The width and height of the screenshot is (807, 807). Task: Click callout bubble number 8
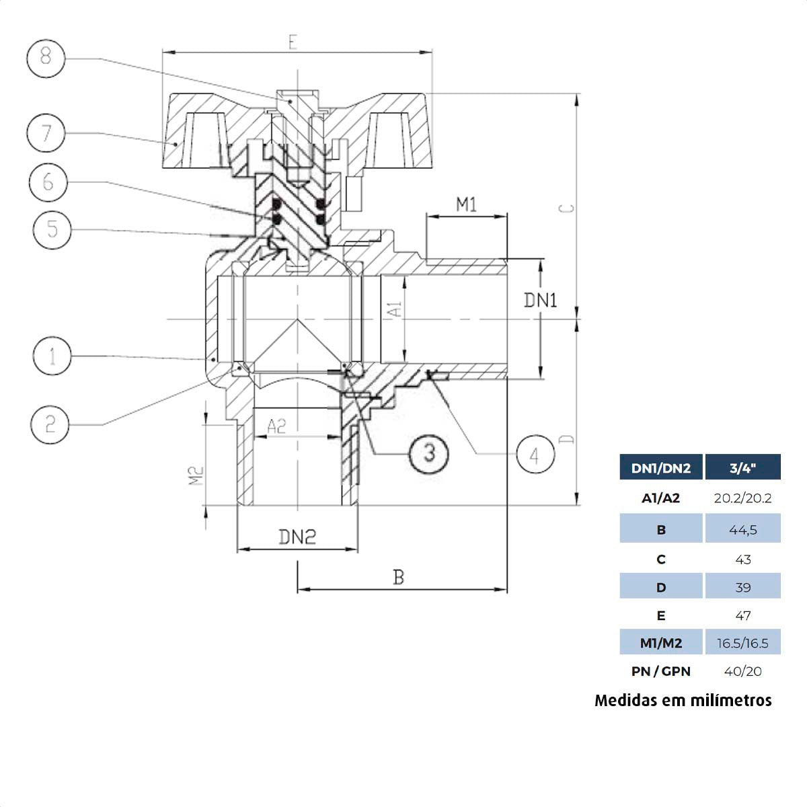(x=46, y=57)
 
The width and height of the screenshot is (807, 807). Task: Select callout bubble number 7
(x=46, y=132)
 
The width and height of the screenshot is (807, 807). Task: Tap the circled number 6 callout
(x=48, y=182)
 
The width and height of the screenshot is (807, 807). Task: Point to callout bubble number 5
(x=52, y=229)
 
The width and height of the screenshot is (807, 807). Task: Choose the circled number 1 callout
(x=52, y=356)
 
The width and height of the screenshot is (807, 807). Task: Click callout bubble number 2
(x=50, y=424)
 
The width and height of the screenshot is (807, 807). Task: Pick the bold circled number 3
(x=429, y=452)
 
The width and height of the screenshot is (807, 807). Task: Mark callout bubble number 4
(x=535, y=455)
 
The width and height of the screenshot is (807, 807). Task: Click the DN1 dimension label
(x=540, y=300)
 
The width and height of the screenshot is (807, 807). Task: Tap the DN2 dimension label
(x=297, y=537)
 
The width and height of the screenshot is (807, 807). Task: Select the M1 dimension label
(x=466, y=204)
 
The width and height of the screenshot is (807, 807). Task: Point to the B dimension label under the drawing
(x=399, y=577)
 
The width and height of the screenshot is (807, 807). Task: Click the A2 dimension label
(x=276, y=426)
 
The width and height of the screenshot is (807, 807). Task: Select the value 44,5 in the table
(x=742, y=530)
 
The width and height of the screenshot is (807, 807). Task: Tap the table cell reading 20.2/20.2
(x=742, y=498)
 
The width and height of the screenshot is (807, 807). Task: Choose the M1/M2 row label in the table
(x=660, y=644)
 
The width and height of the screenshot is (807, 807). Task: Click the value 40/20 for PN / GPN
(x=742, y=671)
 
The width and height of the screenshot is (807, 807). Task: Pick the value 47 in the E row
(x=742, y=615)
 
